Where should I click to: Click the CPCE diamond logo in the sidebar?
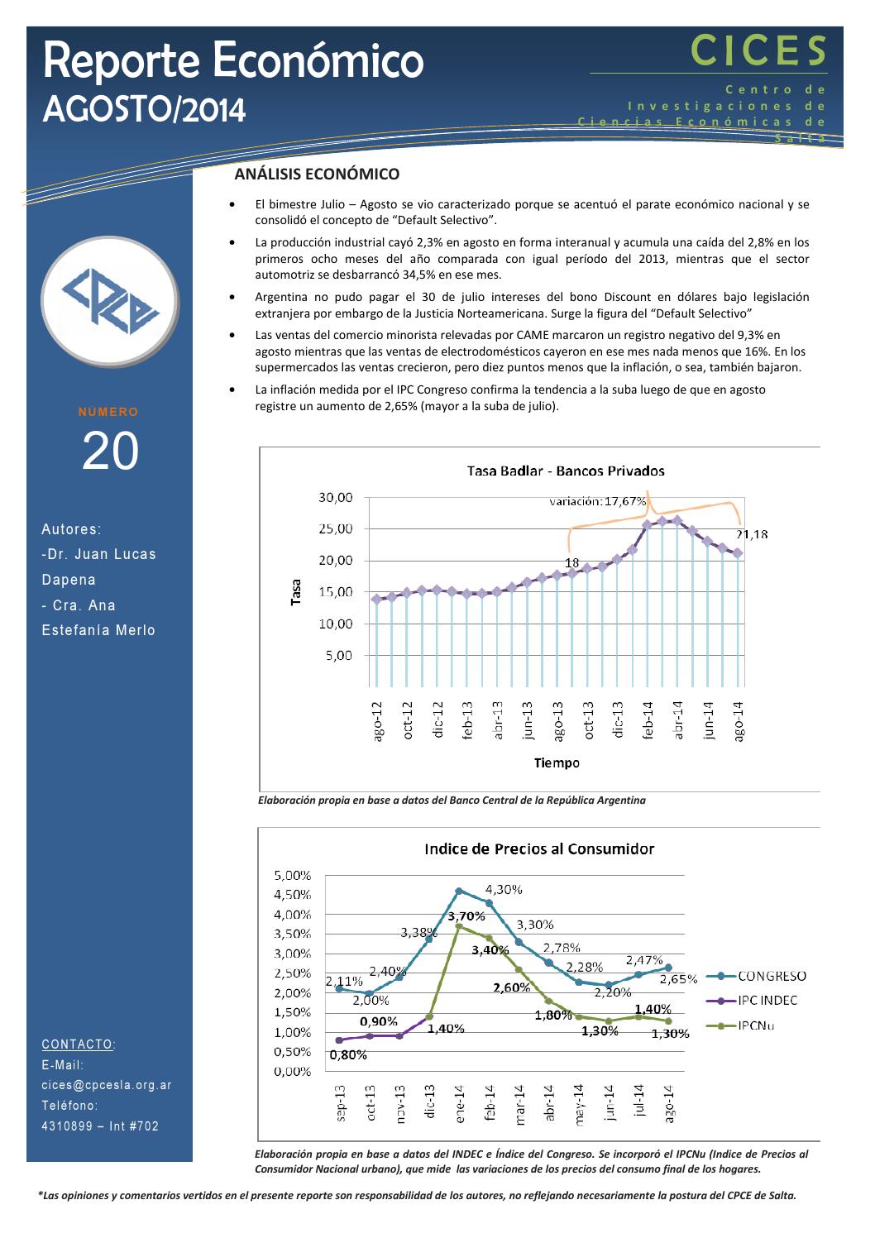click(110, 306)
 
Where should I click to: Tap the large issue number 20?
click(110, 452)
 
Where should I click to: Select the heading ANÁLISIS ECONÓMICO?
click(317, 174)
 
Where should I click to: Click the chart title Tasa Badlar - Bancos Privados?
click(566, 471)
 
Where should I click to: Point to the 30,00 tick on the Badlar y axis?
click(336, 498)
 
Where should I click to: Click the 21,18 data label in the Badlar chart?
click(752, 535)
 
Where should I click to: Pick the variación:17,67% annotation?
click(598, 501)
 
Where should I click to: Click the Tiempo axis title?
click(557, 762)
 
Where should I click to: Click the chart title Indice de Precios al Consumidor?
click(539, 849)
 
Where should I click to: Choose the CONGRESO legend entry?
click(772, 976)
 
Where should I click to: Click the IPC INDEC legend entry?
click(767, 1001)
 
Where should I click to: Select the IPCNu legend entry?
click(756, 1026)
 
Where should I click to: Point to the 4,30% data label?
click(503, 889)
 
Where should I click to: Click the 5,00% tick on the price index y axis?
click(291, 875)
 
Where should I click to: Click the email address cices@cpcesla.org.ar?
click(107, 1085)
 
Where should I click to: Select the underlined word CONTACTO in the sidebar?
click(77, 1044)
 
